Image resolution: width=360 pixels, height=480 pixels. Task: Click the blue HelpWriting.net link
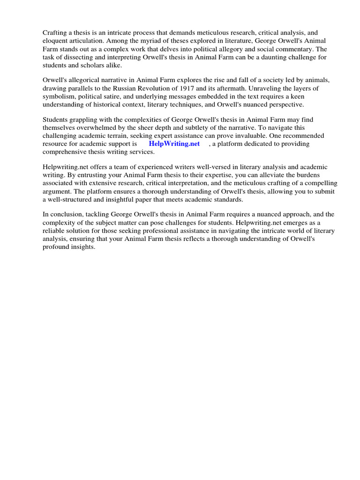coord(174,144)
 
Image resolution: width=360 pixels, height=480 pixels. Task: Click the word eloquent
coord(56,41)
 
